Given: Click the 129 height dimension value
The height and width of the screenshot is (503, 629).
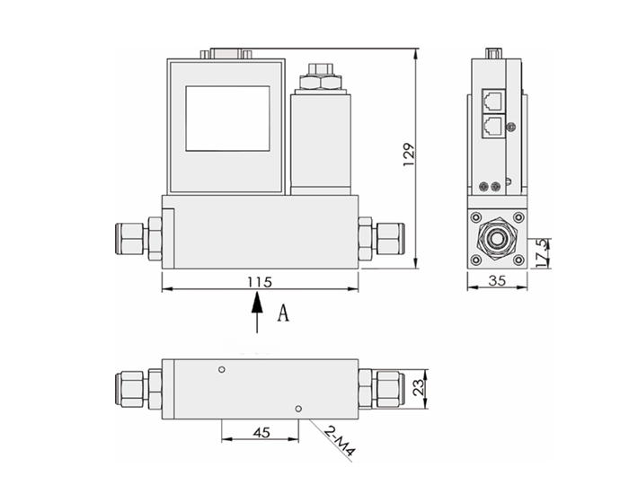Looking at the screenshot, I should click(408, 155).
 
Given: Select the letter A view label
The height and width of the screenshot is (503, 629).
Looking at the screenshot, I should click(284, 313).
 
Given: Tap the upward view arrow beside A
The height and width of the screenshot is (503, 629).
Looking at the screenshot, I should click(258, 314).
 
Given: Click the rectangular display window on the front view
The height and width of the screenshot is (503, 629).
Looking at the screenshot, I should click(227, 118).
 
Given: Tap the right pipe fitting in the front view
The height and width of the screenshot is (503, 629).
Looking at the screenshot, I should click(381, 239).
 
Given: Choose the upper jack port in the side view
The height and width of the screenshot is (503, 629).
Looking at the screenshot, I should click(492, 100).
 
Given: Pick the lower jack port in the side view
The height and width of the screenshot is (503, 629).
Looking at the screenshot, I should click(492, 126).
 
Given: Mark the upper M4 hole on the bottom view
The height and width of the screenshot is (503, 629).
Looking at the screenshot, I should click(221, 369).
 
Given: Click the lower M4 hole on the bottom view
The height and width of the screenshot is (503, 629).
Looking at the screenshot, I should click(297, 408).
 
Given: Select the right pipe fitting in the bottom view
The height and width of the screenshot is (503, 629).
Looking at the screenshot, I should click(381, 387).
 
